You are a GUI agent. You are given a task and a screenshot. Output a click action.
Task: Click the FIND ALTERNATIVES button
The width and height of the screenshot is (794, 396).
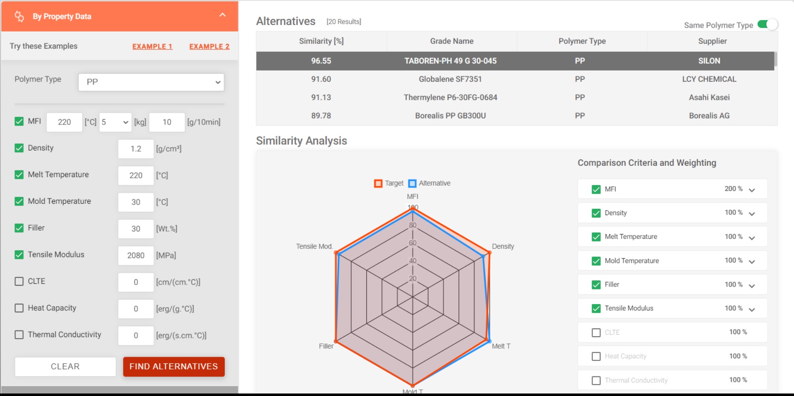[x=174, y=366]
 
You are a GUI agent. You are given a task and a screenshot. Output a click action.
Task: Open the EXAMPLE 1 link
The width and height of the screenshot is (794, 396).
[x=152, y=46]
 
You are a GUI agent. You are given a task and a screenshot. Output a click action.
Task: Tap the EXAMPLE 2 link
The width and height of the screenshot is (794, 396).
[x=209, y=46]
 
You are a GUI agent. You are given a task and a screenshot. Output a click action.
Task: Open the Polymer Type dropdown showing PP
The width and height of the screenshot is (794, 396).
[x=151, y=82]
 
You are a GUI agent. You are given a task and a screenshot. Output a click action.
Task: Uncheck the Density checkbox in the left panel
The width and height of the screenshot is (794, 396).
[x=19, y=148]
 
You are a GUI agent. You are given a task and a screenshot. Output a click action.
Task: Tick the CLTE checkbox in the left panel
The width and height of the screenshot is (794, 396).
[x=19, y=281]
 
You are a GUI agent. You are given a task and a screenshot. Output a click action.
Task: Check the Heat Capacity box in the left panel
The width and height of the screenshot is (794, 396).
[x=19, y=308]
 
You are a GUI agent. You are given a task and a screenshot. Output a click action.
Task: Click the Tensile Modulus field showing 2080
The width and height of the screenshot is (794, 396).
[x=136, y=255]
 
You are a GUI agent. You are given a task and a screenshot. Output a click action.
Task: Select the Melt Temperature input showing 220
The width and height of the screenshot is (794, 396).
[x=136, y=175]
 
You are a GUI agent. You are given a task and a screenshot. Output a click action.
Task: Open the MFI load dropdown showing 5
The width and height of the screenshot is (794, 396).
[x=115, y=122]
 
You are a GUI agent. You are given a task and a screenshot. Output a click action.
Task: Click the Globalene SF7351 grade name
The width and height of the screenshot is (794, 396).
[x=450, y=79]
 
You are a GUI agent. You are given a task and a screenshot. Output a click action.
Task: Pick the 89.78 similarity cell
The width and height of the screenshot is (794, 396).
[x=321, y=116]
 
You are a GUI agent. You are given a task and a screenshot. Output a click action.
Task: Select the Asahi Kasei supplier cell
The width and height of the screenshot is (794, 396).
[x=709, y=97]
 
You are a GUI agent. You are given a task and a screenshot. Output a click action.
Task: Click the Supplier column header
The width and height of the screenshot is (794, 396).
[x=712, y=41]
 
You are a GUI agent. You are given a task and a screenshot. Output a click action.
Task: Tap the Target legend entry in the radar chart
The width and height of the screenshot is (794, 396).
[x=389, y=183]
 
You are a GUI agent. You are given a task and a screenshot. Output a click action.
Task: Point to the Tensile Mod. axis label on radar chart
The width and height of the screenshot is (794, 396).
[x=314, y=246]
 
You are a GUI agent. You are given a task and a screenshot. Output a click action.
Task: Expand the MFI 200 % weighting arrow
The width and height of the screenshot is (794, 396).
[x=752, y=190]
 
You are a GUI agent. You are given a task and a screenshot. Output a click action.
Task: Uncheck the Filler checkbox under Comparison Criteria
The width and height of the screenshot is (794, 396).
[x=596, y=284]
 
